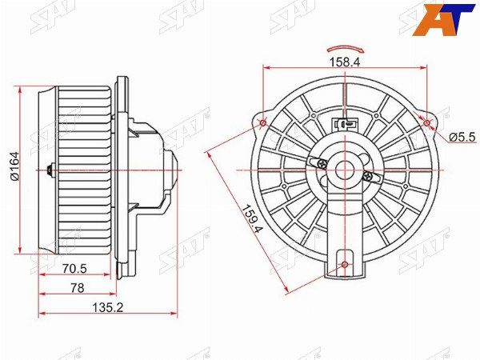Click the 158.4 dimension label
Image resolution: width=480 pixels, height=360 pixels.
coord(345,62)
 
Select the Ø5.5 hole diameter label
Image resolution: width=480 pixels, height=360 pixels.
coord(462,138)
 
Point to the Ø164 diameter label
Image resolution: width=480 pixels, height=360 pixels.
coord(14,166)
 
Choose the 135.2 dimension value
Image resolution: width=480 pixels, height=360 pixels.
coord(108,307)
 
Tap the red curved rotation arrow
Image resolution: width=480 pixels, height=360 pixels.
coord(345,49)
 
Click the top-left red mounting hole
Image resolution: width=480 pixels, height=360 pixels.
coord(263,123)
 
